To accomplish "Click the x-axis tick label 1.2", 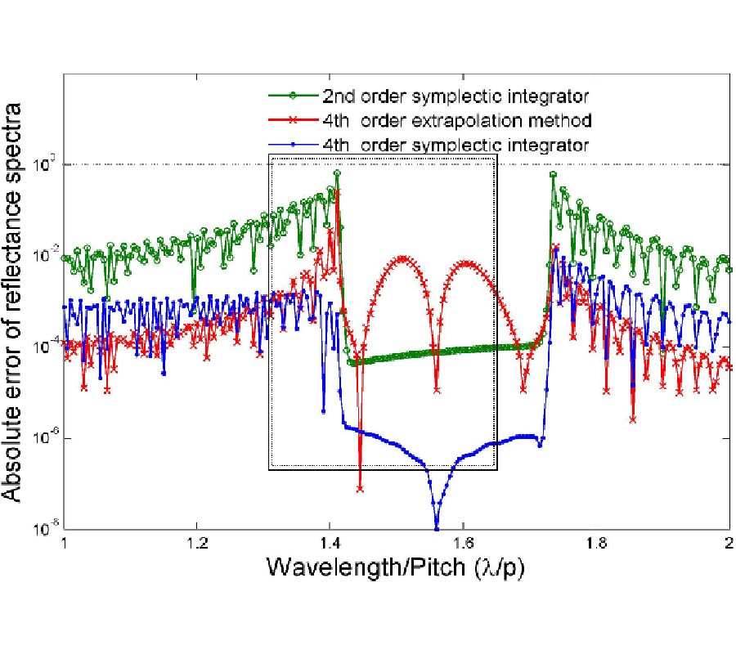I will tap(196, 542).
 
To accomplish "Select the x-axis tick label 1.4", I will tap(329, 542).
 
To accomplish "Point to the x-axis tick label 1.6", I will tap(463, 542).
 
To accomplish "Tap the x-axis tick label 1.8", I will tap(596, 542).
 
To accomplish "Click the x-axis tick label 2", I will tap(729, 542).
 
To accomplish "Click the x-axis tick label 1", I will tap(64, 542).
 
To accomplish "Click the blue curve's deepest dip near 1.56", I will tap(437, 527).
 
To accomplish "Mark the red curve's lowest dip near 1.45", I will tap(361, 489).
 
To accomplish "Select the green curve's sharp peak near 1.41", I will tap(337, 173).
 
